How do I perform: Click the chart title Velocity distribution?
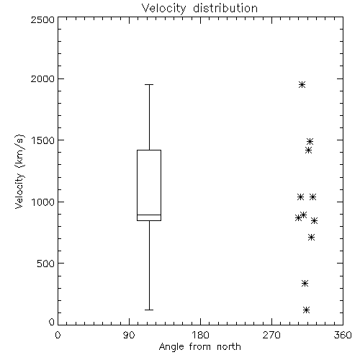coord(199,9)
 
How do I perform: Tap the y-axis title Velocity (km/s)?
coord(19,171)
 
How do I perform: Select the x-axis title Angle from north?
coord(199,347)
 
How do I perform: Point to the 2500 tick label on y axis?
coord(42,19)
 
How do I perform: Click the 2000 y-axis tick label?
coord(42,78)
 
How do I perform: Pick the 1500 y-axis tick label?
coord(42,140)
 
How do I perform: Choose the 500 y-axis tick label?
coord(46,264)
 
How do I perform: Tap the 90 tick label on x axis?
coord(129,335)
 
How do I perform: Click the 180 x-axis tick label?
coord(200,335)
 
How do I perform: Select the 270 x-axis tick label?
coord(271,335)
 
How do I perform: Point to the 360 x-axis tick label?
coord(343,335)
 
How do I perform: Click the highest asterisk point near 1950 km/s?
coord(302,84)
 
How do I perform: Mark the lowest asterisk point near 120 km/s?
coord(306,310)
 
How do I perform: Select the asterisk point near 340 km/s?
coord(305,284)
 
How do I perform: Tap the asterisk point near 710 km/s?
coord(311,238)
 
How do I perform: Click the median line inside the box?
coord(149,215)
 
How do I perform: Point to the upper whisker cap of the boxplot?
coord(149,84)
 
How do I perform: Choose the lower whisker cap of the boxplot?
coord(149,310)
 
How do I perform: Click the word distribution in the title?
coord(225,9)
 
